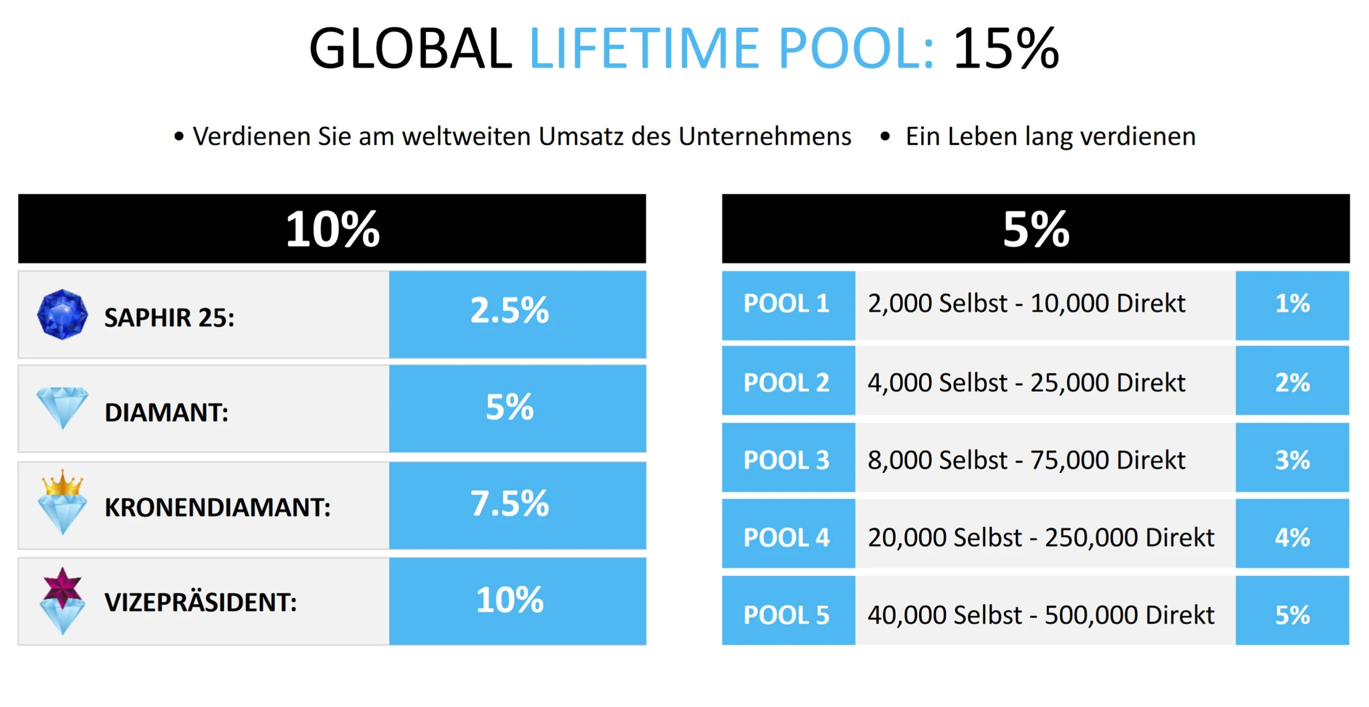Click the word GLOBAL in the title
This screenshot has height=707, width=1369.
click(x=410, y=48)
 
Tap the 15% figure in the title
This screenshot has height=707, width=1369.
click(x=1006, y=48)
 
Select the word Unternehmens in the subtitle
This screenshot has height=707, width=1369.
click(x=765, y=136)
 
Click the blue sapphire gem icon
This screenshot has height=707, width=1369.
click(x=62, y=314)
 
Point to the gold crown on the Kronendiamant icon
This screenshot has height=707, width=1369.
click(x=62, y=484)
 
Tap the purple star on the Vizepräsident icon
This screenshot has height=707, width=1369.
click(x=62, y=588)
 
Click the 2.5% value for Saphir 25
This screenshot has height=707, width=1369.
click(x=509, y=311)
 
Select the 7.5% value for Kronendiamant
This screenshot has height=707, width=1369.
click(x=509, y=504)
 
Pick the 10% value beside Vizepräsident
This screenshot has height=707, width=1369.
click(x=509, y=600)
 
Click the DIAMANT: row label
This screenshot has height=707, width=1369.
click(x=166, y=413)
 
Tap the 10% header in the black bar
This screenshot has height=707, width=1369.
click(x=333, y=229)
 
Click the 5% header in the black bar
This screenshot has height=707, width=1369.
click(x=1036, y=229)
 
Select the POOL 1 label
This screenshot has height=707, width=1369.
click(x=787, y=304)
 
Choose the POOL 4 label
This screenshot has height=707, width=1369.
click(x=787, y=538)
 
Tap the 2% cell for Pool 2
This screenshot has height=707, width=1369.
click(x=1292, y=383)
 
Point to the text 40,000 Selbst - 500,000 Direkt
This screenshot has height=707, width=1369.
click(x=1041, y=615)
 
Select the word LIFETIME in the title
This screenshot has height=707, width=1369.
click(x=644, y=48)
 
